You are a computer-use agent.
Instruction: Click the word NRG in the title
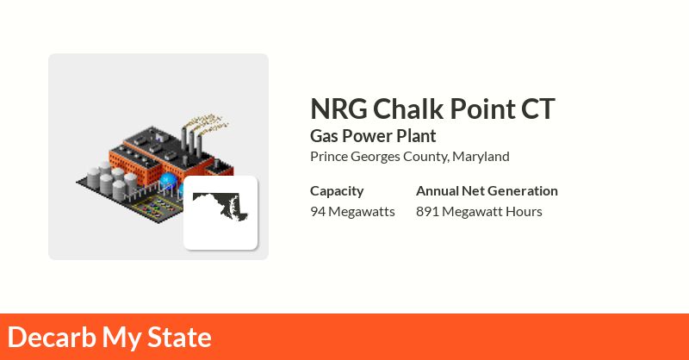pos(338,109)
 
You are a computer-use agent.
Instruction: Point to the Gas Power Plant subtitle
pos(373,136)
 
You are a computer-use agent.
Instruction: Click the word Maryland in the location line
pos(481,157)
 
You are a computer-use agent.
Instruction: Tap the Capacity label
pos(337,191)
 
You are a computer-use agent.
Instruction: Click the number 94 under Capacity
pos(318,211)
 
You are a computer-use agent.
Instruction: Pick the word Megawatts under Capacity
pos(362,212)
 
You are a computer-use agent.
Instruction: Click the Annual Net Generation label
pos(487,191)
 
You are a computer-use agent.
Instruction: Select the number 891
pos(427,211)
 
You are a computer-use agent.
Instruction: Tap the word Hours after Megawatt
pos(524,211)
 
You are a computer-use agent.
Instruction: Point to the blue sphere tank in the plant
pos(167,180)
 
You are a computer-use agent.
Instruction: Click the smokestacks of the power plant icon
pos(191,140)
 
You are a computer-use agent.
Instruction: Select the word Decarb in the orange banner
pos(52,337)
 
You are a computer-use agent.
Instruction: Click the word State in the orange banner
pos(179,337)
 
